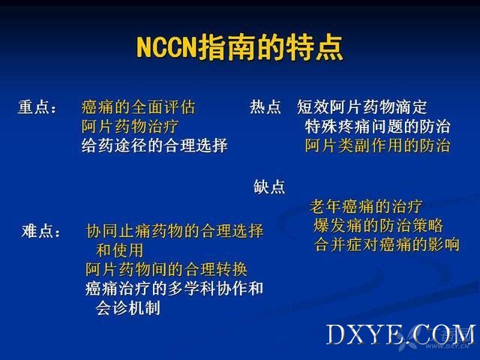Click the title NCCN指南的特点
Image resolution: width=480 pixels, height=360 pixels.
pos(240,48)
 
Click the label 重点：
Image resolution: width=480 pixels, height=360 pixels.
pos(37,107)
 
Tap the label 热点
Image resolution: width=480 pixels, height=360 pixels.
pos(265,106)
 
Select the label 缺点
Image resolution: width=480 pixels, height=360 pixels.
pos(269,187)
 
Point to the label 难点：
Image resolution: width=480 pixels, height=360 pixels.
pos(41,231)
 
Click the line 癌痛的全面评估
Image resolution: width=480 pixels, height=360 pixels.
pos(138,107)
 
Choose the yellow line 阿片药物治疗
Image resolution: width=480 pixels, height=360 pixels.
pos(130,127)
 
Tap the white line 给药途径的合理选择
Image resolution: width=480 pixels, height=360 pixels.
pos(154,145)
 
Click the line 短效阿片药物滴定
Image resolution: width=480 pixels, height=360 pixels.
pos(361,106)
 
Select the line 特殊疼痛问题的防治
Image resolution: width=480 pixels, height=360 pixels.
pos(377,127)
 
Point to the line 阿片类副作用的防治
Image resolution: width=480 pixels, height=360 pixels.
pos(377,145)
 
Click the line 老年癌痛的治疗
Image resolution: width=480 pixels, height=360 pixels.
pos(366,206)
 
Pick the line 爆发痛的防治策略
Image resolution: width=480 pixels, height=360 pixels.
pos(378,226)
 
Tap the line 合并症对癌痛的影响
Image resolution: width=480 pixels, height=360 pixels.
pos(387,244)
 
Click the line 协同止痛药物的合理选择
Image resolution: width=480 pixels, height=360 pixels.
pos(175,231)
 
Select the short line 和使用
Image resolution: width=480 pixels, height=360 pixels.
pos(120,250)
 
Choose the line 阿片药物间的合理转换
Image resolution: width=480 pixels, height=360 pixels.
pos(166,269)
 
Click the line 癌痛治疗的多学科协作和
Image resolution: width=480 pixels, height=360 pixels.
pos(174,288)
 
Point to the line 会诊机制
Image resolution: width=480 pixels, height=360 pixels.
pos(128,307)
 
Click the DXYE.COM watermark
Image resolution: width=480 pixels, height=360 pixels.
pos(401,334)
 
